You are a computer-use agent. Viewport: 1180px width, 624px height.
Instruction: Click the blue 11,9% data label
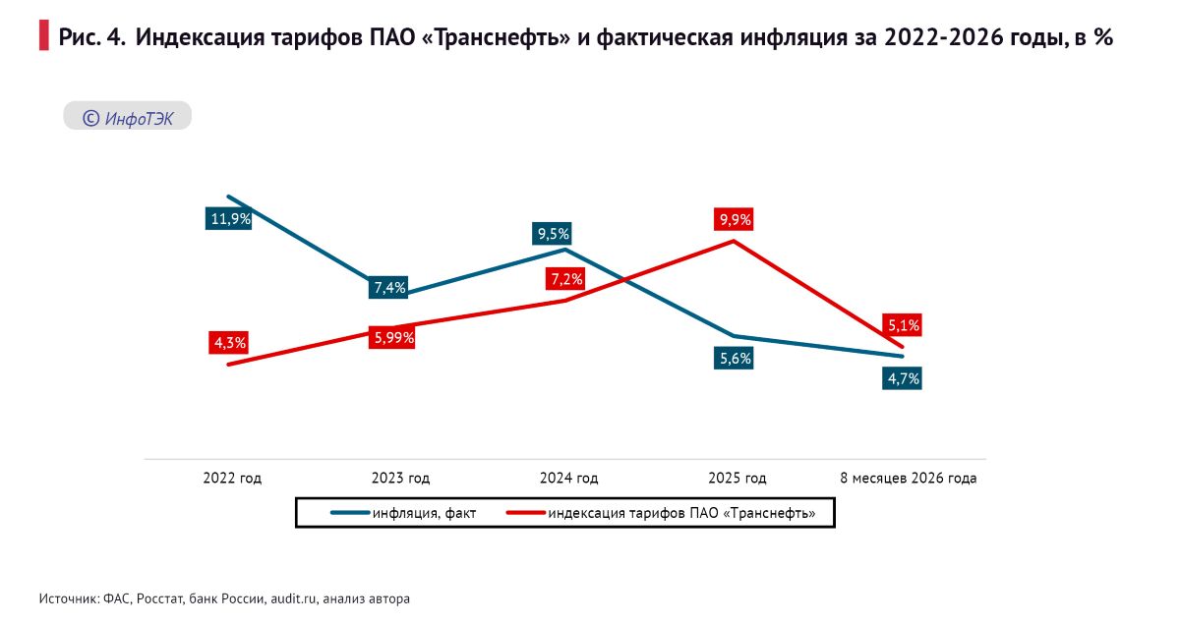click(x=228, y=218)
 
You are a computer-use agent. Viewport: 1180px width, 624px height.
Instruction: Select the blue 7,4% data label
click(x=388, y=288)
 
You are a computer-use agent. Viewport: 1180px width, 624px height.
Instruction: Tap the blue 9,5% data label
click(x=552, y=233)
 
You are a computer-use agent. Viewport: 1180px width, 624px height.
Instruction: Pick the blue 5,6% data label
click(x=734, y=358)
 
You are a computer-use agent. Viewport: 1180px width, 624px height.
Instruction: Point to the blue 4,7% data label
click(x=903, y=378)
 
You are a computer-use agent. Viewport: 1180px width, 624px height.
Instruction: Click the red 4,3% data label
click(x=228, y=343)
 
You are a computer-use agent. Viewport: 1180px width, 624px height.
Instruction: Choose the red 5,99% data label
click(x=392, y=337)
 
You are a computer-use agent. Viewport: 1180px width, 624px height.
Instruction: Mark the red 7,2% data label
click(x=565, y=278)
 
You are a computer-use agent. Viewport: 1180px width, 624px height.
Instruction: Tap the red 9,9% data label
click(x=734, y=219)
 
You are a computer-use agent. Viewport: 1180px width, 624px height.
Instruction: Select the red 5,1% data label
click(x=903, y=325)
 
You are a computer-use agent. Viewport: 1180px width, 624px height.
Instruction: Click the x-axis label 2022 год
click(x=232, y=479)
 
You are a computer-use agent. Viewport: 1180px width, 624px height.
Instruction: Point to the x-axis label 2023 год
click(x=401, y=479)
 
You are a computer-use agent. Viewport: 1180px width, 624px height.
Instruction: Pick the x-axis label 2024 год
click(x=569, y=479)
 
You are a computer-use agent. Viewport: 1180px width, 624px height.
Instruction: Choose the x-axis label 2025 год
click(x=737, y=479)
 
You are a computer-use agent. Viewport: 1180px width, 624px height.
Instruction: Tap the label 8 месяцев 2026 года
click(x=909, y=479)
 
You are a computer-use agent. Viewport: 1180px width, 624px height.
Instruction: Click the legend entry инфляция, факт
click(x=403, y=513)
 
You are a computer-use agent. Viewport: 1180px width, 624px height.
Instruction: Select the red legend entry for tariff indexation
click(x=661, y=513)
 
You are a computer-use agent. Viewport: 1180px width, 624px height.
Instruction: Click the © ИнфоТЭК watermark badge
click(x=128, y=116)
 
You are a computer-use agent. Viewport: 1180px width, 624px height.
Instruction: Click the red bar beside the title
click(x=43, y=35)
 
